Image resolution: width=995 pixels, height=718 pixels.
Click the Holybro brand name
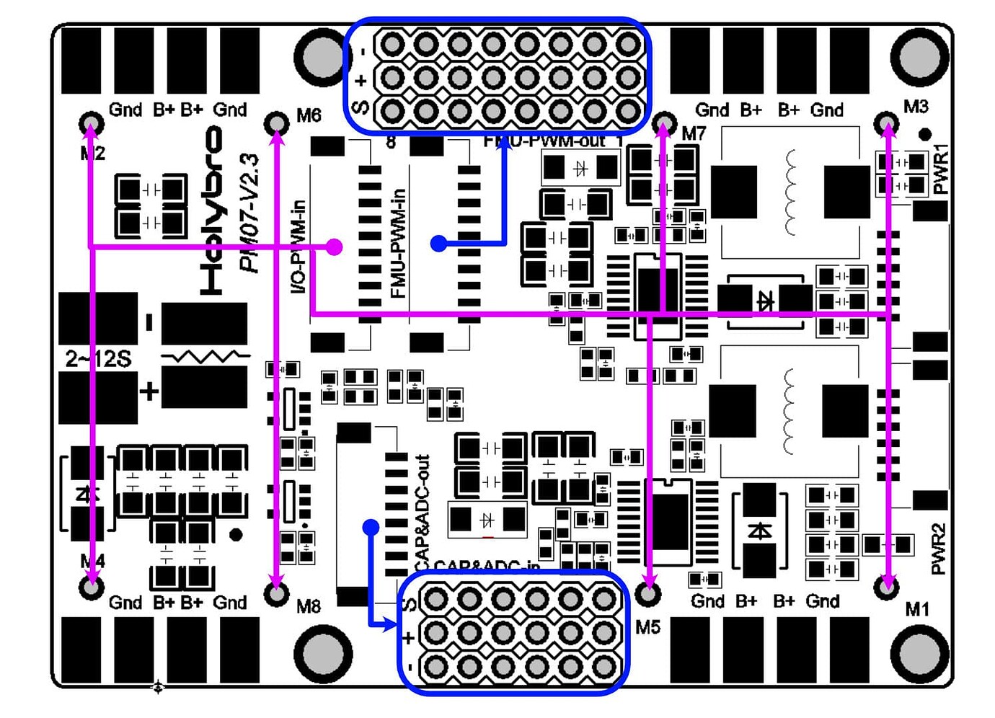coord(212,210)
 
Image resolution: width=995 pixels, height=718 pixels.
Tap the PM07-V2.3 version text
coord(249,213)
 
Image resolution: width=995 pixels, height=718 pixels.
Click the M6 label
coord(309,115)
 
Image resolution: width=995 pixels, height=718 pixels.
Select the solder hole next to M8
coord(277,593)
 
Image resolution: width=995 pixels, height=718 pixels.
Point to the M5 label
coord(647,627)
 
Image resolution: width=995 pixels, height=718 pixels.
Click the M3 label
coord(916,107)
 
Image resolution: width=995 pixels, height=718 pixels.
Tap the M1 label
coord(917,609)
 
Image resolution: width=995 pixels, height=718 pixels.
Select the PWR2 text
coord(937,549)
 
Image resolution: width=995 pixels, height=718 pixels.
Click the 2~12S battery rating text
coord(98,359)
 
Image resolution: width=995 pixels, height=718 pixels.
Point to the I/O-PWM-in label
coord(298,247)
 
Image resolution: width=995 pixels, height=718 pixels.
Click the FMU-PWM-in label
coord(397,244)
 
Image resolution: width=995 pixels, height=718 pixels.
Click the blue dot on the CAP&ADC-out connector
coord(371,528)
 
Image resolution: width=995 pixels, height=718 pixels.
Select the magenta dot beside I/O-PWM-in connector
coord(334,247)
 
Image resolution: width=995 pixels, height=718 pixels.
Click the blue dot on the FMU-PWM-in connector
coord(438,244)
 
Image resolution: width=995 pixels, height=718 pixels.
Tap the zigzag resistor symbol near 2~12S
coord(205,357)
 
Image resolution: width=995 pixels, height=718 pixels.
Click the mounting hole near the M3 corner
coord(919,56)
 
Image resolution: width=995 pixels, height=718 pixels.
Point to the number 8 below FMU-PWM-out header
coord(391,142)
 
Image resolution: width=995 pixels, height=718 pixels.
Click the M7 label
coord(693,133)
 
